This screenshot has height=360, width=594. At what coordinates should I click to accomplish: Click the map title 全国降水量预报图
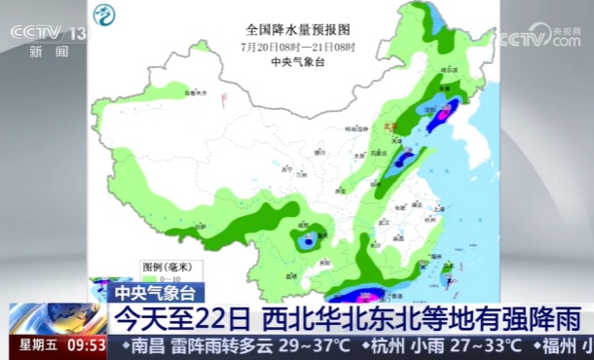point(296,29)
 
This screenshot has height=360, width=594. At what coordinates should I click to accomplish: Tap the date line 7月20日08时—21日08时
point(296,46)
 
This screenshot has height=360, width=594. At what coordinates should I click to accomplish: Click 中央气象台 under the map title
point(296,61)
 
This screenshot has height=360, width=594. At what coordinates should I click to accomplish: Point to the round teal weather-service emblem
point(103,16)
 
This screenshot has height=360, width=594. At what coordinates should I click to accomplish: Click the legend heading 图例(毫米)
point(160,266)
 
